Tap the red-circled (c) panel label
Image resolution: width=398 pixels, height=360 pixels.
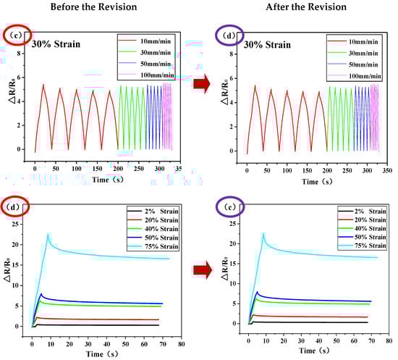click(15, 35)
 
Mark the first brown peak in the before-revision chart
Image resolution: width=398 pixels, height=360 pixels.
click(43, 85)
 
